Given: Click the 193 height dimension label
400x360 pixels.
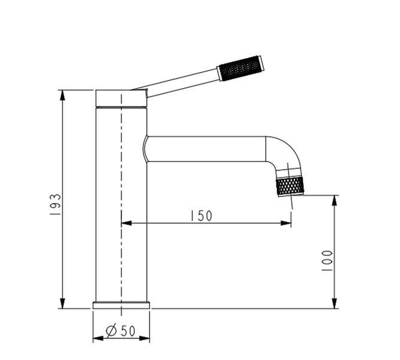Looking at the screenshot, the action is pos(55,204).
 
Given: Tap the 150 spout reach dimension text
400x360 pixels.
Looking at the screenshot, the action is pos(201,216).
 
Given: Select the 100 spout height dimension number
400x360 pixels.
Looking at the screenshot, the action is pos(327,260).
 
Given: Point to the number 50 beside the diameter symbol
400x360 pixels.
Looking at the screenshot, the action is pos(128,331).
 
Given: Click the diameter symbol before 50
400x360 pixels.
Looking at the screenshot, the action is pos(111,331).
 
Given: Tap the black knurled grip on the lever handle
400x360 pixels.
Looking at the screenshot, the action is pos(240,68).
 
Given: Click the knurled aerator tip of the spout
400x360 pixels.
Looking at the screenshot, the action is pos(290,187).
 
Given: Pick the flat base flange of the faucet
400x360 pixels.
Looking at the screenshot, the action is pos(121,305).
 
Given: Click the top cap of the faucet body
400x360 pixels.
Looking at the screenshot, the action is pos(121,98).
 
